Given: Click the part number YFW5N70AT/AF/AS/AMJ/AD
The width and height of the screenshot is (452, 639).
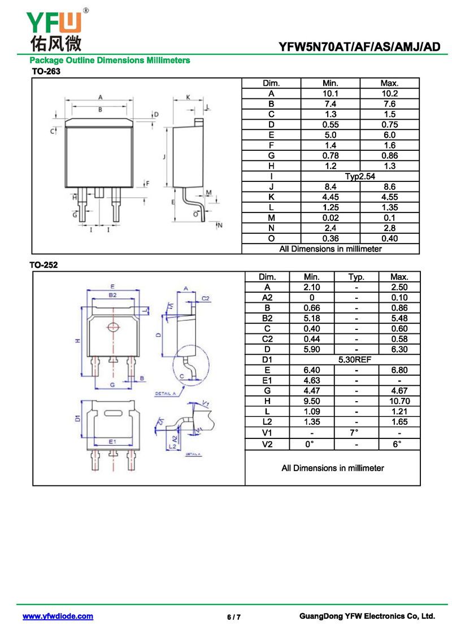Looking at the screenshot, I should coord(359,47).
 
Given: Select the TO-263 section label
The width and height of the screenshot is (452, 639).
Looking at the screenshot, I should coord(45,72).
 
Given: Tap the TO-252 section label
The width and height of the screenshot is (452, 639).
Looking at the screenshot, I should coord(44,264).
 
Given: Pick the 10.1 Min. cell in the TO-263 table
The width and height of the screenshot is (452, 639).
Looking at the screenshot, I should coord(330,93).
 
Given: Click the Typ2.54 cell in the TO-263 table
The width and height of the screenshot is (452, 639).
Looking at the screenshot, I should coord(360,176).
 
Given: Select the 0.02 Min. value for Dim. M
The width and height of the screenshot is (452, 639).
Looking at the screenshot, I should coord(330,218).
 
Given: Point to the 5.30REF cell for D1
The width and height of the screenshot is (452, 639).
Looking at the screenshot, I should coord(355,359).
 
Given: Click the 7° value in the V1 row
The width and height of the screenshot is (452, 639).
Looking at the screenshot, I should coord(355,433).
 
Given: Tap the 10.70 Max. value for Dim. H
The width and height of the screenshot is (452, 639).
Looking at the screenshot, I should coord(399,401).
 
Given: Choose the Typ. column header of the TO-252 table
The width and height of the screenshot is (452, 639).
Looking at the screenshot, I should coord(356,277).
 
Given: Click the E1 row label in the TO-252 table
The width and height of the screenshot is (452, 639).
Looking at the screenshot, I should coord(267,380).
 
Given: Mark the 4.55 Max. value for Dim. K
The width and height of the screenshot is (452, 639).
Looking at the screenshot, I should coord(389,197).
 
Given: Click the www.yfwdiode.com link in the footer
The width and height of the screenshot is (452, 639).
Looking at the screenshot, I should coord(58,616).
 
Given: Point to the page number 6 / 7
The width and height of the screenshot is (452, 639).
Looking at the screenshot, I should coord(234,617).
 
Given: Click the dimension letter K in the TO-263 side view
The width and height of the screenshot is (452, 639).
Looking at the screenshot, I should coord(188,97).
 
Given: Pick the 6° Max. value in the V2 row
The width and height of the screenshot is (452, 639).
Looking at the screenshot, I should coord(399,444).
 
